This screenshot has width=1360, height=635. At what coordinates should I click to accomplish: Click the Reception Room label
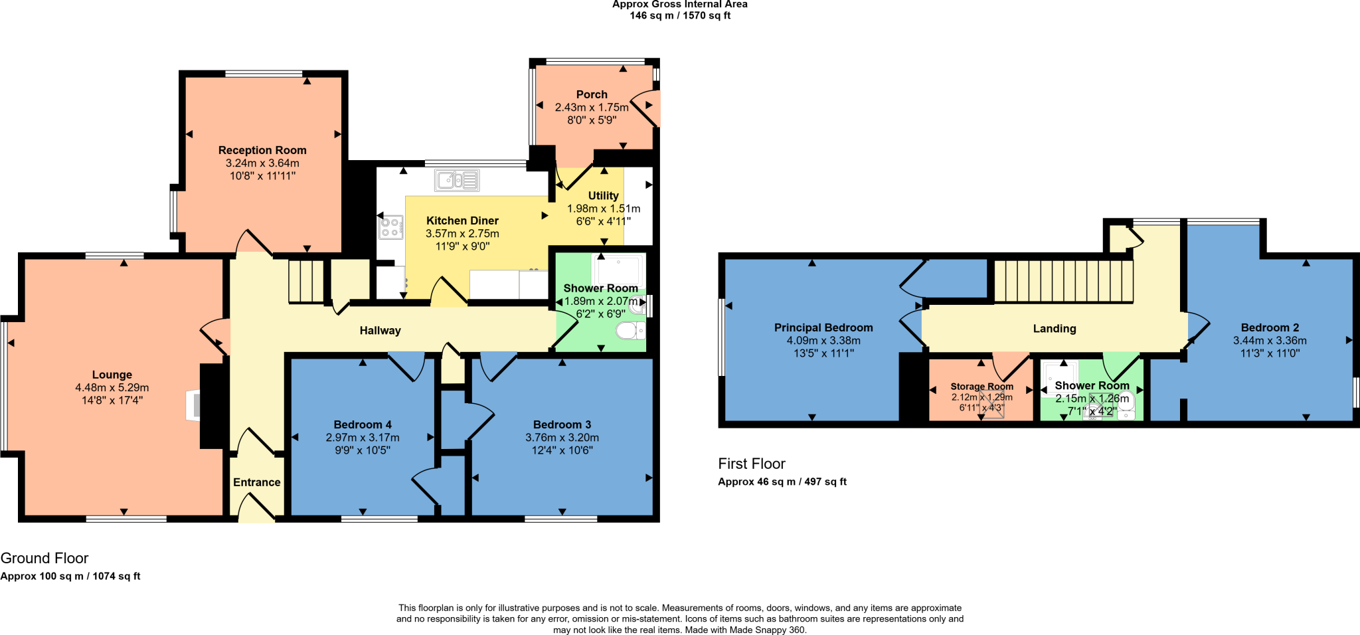262,150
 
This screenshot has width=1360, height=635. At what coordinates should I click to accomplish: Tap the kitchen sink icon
457,180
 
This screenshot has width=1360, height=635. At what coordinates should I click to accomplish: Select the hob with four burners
390,227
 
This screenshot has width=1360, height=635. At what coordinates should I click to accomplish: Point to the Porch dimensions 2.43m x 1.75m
592,107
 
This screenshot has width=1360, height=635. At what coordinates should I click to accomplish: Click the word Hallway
380,330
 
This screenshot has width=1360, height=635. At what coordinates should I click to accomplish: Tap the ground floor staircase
305,282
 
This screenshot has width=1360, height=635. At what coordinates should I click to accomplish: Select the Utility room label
603,195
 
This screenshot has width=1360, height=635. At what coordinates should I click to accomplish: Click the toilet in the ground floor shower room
629,330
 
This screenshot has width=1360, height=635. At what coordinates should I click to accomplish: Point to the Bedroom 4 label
363,424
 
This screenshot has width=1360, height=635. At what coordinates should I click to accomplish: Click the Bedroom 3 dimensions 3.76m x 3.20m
562,437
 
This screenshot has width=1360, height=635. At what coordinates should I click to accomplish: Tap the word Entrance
256,482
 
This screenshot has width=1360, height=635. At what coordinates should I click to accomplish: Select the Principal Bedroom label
823,327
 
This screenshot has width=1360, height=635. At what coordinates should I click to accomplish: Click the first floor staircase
1062,280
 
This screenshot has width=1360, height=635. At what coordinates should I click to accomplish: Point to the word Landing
1055,328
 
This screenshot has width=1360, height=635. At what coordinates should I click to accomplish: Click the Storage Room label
981,386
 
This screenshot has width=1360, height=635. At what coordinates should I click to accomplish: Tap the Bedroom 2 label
1270,327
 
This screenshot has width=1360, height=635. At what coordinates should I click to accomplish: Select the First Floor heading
752,464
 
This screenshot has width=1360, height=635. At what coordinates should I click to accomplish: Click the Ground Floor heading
44,558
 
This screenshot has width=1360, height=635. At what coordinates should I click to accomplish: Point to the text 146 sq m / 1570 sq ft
680,15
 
